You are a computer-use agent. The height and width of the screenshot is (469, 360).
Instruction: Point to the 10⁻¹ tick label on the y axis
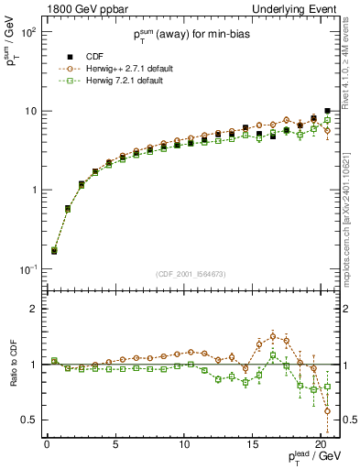click(28, 269)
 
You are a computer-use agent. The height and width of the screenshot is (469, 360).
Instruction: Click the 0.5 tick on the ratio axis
click(29, 420)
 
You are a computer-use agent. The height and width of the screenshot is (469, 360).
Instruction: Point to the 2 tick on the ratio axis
click(34, 309)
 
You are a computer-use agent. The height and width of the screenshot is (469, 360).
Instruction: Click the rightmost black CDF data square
click(328, 111)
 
